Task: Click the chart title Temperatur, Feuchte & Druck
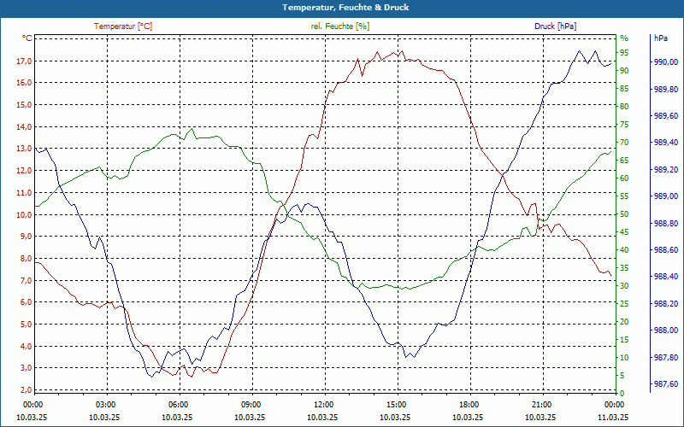(x=342, y=7)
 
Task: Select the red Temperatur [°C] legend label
(x=123, y=26)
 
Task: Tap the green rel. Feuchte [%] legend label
(x=340, y=26)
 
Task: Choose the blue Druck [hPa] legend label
(x=556, y=26)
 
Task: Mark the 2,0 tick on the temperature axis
(x=25, y=389)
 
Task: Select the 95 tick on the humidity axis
(x=624, y=53)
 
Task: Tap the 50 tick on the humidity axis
(x=624, y=214)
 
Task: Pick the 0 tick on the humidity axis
(x=622, y=393)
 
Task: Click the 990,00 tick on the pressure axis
(x=664, y=62)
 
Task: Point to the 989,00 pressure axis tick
(x=664, y=196)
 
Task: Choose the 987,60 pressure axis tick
(x=664, y=383)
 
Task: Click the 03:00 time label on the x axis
(x=106, y=404)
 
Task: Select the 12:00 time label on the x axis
(x=324, y=404)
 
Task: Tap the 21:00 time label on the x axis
(x=541, y=404)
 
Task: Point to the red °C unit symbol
(x=27, y=38)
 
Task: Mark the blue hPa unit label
(x=661, y=38)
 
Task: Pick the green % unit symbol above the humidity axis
(x=624, y=38)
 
